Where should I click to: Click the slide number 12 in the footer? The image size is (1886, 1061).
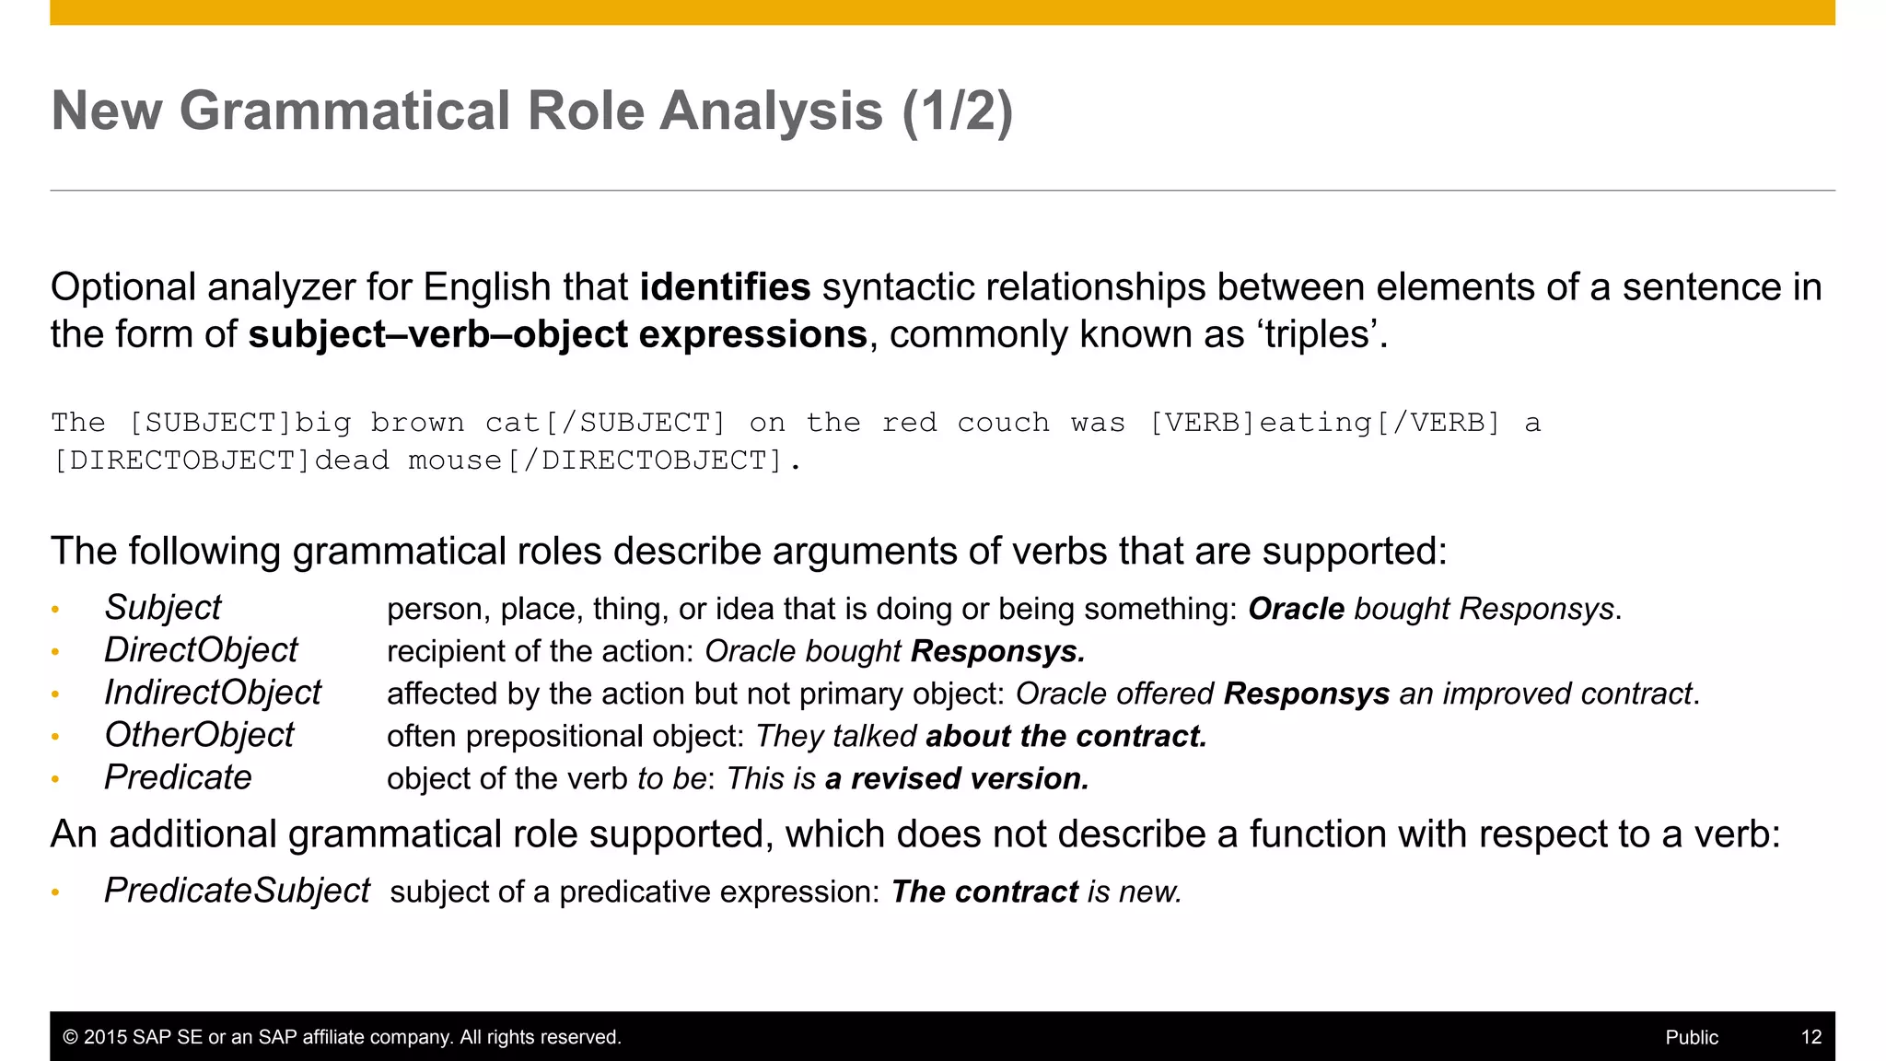pyautogui.click(x=1810, y=1037)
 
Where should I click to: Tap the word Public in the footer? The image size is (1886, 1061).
pyautogui.click(x=1692, y=1037)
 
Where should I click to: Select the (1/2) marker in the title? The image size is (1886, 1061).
pyautogui.click(x=957, y=111)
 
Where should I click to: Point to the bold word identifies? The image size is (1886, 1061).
pyautogui.click(x=725, y=287)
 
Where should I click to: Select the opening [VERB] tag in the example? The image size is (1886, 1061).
pyautogui.click(x=1203, y=423)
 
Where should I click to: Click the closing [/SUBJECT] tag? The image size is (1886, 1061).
pyautogui.click(x=635, y=423)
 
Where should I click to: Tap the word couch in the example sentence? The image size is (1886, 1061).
pyautogui.click(x=1003, y=423)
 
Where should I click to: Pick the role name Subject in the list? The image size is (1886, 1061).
pyautogui.click(x=163, y=608)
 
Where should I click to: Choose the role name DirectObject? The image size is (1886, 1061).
pyautogui.click(x=201, y=650)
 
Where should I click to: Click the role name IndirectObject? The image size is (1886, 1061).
pyautogui.click(x=213, y=693)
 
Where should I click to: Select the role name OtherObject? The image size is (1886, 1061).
pyautogui.click(x=199, y=735)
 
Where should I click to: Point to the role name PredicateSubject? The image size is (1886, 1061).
pyautogui.click(x=237, y=891)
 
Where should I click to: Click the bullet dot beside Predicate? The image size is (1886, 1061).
pyautogui.click(x=55, y=779)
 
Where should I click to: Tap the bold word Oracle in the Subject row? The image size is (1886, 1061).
pyautogui.click(x=1296, y=609)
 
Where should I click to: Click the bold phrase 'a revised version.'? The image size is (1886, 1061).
pyautogui.click(x=957, y=779)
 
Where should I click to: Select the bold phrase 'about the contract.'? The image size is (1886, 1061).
pyautogui.click(x=1065, y=737)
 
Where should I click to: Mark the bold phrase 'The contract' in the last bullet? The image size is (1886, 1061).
pyautogui.click(x=984, y=892)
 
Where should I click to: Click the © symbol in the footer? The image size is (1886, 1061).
pyautogui.click(x=70, y=1037)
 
